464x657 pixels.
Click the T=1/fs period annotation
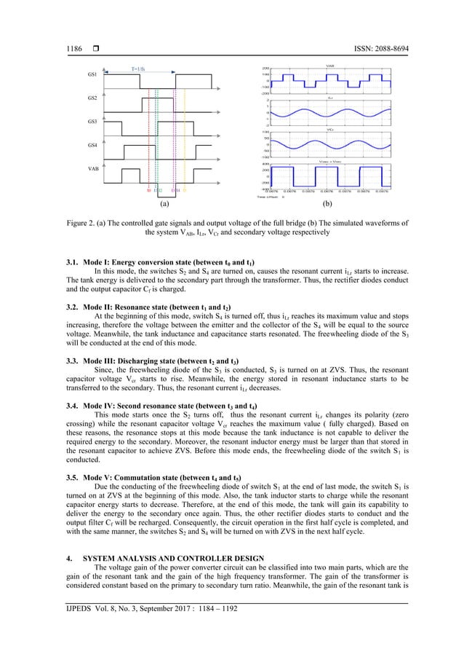point(137,68)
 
